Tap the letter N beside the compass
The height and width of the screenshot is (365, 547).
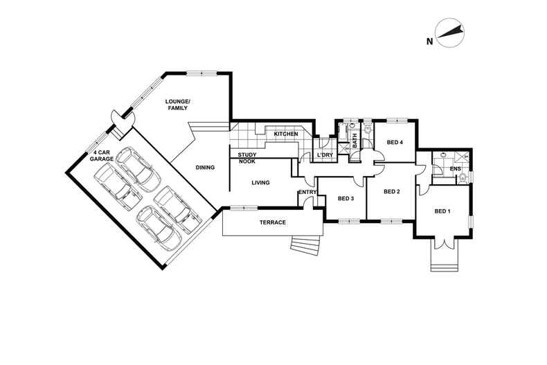click(x=429, y=42)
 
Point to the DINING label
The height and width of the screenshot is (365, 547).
click(x=204, y=167)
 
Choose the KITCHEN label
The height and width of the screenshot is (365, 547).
click(x=285, y=134)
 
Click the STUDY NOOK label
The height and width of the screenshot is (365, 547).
click(x=247, y=158)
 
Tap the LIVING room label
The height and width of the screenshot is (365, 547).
click(x=260, y=183)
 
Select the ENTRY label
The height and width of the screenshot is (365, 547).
click(x=307, y=192)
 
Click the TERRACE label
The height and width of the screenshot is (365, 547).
click(x=273, y=222)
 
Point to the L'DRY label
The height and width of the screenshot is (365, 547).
click(x=325, y=154)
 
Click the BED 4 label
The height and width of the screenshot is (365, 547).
click(x=395, y=143)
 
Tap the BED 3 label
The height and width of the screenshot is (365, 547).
click(x=346, y=199)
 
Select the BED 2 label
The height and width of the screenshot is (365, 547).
click(x=392, y=192)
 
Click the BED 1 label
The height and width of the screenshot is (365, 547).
click(x=442, y=211)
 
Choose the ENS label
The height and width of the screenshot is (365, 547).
click(x=456, y=168)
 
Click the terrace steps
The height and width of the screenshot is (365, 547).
click(x=305, y=245)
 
